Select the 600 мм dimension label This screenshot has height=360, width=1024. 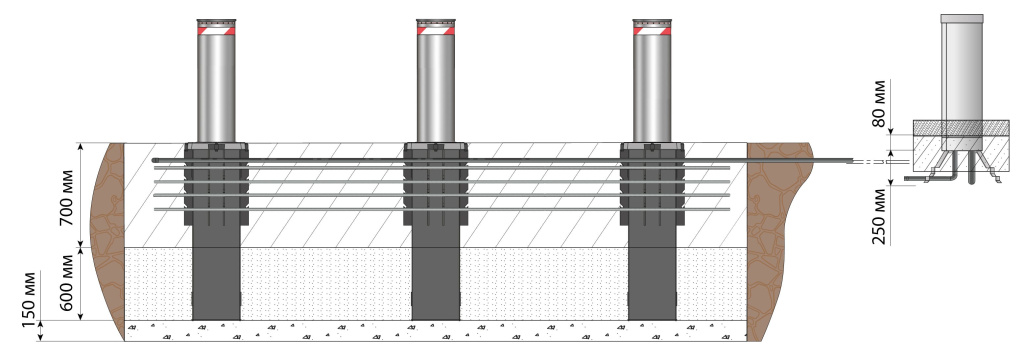[66, 285]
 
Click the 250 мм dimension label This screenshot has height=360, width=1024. [880, 216]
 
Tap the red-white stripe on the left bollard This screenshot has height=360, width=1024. [216, 30]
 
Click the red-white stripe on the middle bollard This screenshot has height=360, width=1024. [436, 30]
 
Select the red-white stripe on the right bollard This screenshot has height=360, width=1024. [652, 30]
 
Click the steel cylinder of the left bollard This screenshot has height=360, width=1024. [216, 88]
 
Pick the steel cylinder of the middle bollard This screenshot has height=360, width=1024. [436, 88]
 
